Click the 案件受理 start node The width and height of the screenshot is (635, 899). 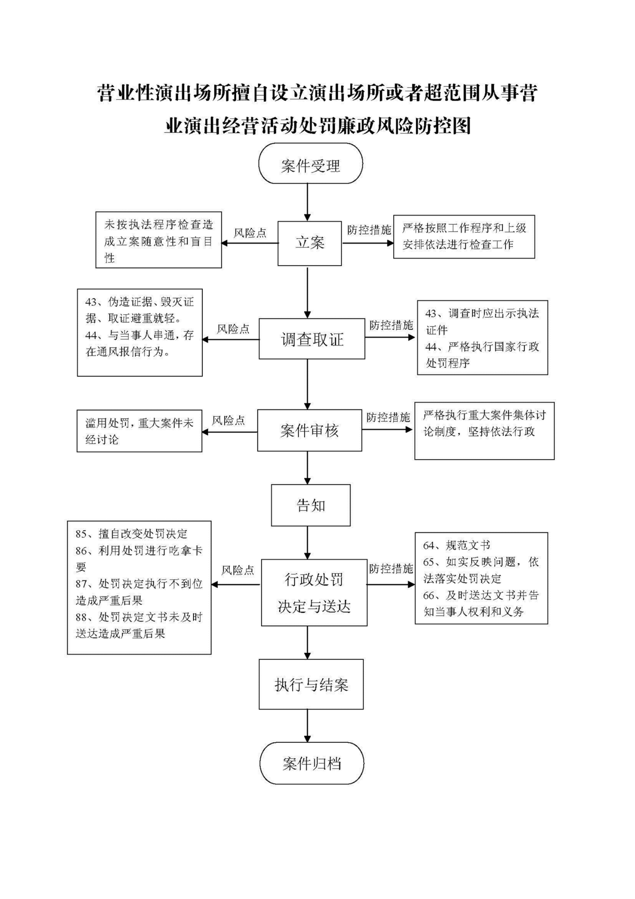[310, 163]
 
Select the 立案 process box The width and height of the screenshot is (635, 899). [309, 243]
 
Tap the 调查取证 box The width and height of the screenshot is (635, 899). [312, 339]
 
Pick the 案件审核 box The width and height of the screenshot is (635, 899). [309, 430]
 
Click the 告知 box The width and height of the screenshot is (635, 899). [311, 505]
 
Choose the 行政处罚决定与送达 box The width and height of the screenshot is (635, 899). [314, 592]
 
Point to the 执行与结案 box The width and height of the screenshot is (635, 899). [311, 684]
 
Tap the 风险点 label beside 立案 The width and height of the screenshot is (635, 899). [250, 233]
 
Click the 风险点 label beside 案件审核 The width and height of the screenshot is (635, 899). [228, 421]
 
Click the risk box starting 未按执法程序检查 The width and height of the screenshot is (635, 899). [159, 240]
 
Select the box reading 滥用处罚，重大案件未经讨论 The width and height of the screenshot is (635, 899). [139, 431]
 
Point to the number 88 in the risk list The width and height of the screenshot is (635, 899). [81, 617]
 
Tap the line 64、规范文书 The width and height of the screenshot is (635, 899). [456, 545]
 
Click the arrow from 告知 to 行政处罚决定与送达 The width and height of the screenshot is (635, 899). [308, 543]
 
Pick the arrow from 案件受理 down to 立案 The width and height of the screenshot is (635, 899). [308, 202]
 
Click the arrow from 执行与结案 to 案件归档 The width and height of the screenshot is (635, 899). [308, 726]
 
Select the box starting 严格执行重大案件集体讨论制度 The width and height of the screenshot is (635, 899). [485, 431]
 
